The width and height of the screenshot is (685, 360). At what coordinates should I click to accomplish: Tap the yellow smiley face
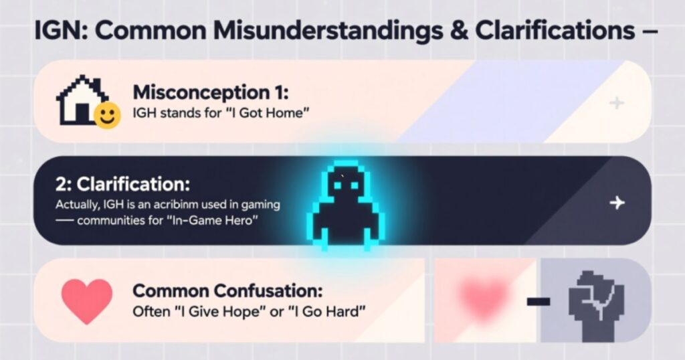106,115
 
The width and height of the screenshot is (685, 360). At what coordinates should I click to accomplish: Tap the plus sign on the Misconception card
617,102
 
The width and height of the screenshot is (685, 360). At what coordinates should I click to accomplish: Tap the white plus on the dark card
617,203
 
